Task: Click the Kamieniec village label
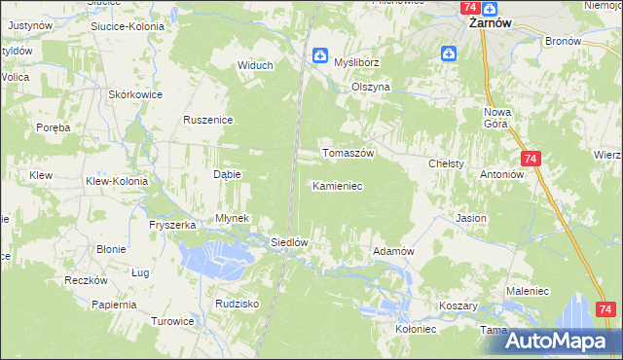tap(337, 185)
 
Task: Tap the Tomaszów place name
tap(348, 154)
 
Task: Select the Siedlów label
tap(289, 242)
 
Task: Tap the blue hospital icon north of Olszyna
tap(449, 55)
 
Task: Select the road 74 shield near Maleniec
tap(605, 309)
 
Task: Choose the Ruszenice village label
tap(206, 120)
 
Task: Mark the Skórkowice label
tap(135, 94)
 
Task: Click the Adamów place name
tap(394, 251)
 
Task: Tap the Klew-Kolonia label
tap(117, 181)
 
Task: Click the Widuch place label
tap(256, 65)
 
